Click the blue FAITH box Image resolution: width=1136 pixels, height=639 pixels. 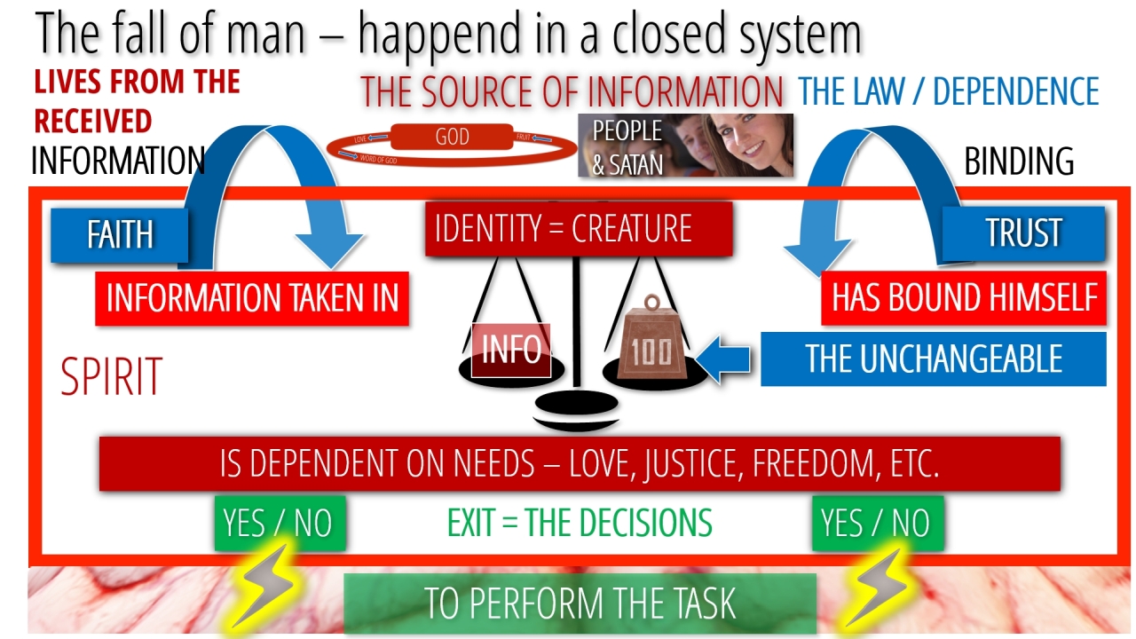click(119, 235)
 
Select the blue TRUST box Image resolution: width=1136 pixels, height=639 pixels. click(1023, 233)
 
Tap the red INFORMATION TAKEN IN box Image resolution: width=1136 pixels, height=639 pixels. click(252, 298)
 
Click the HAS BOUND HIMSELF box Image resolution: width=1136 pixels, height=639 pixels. click(964, 298)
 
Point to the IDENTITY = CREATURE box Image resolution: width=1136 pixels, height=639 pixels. click(579, 229)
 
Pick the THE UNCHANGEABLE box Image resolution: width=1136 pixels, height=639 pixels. click(933, 359)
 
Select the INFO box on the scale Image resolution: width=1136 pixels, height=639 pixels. click(511, 350)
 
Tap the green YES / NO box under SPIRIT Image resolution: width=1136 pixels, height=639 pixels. click(278, 523)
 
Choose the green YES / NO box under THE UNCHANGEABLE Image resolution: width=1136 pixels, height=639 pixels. click(877, 523)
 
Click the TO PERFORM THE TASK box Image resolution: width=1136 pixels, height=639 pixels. click(579, 603)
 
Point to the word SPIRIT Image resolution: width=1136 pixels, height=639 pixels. click(111, 376)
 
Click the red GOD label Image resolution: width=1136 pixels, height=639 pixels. click(453, 138)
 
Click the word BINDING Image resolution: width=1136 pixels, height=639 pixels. click(1019, 162)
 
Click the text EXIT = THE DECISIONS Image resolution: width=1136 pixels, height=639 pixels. click(579, 524)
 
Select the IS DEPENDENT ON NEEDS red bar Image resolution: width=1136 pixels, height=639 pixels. click(579, 463)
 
